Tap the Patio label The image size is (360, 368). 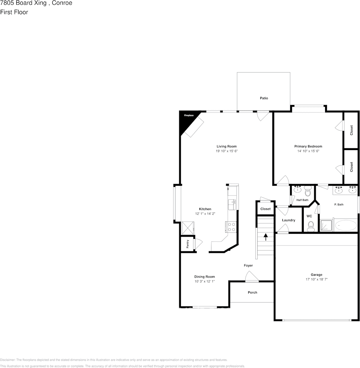[264, 98]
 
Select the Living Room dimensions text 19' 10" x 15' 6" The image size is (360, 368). [227, 151]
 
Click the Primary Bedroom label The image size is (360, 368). [308, 146]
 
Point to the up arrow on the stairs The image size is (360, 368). [266, 237]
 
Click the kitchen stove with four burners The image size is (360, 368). [231, 227]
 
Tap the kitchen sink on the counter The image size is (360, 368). [232, 205]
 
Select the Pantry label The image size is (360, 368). [188, 244]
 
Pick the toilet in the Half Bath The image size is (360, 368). [308, 191]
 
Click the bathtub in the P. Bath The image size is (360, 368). [346, 226]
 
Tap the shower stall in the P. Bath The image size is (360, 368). [326, 225]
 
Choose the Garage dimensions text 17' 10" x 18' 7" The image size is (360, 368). [317, 279]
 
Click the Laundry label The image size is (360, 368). [289, 220]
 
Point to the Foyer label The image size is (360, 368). [248, 266]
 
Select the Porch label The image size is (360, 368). [253, 292]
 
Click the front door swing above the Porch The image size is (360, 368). [252, 276]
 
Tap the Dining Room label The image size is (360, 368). [204, 277]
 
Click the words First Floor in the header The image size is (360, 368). [14, 12]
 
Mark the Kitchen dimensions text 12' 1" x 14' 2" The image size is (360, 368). [205, 214]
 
